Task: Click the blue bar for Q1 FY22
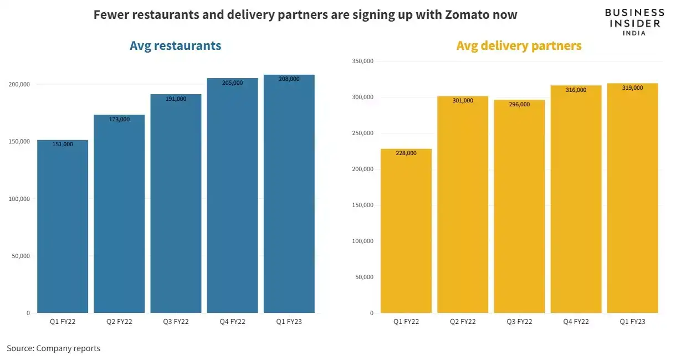[63, 227]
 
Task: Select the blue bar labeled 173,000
[119, 216]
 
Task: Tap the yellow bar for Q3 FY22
[519, 208]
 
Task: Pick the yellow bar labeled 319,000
[632, 199]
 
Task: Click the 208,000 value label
[289, 79]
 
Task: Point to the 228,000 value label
[406, 153]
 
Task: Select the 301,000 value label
[463, 101]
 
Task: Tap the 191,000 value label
[176, 99]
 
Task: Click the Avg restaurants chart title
[175, 46]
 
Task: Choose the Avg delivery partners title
[519, 46]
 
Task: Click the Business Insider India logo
[634, 22]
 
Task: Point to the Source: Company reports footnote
[54, 348]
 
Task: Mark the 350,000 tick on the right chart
[363, 61]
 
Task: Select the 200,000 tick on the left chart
[19, 84]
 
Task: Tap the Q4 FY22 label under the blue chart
[232, 322]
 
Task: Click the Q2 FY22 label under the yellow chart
[463, 322]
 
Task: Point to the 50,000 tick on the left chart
[21, 256]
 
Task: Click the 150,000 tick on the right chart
[363, 205]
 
